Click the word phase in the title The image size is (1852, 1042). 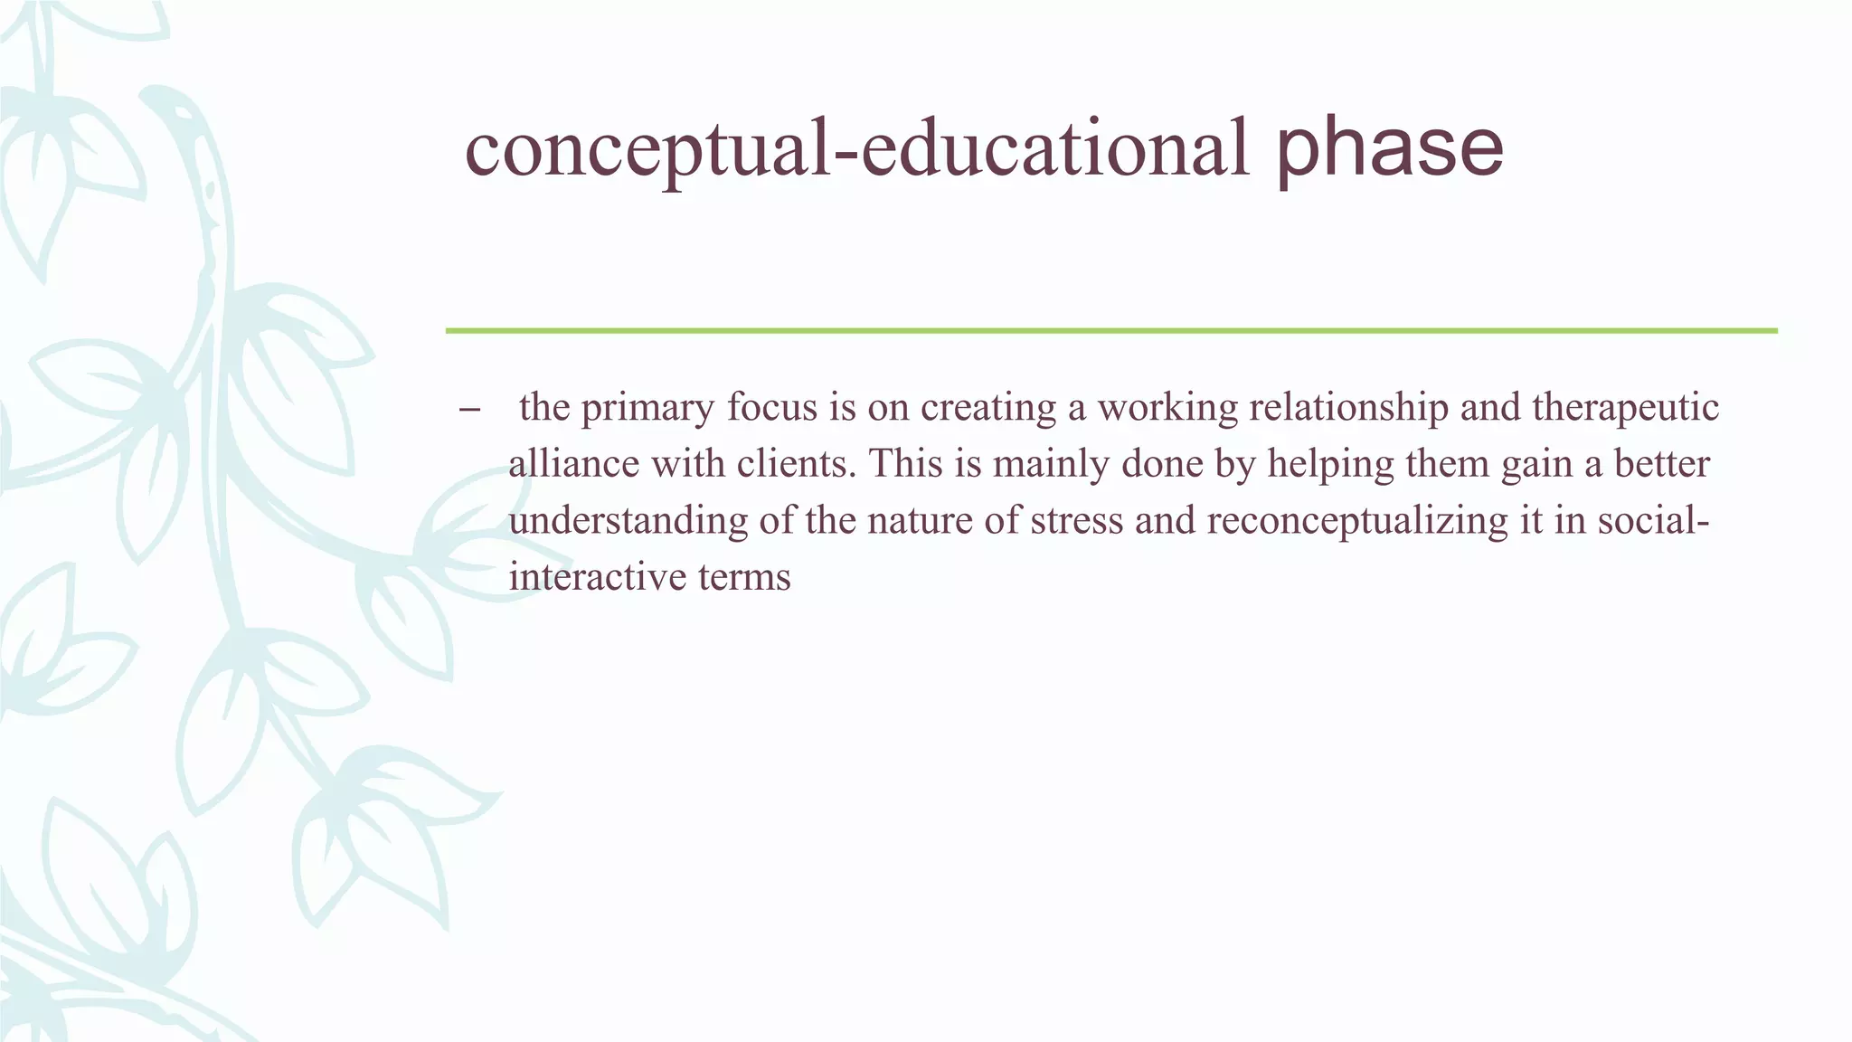1389,149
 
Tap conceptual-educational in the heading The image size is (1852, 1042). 855,149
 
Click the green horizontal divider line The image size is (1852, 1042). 1110,331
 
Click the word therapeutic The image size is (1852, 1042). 1625,409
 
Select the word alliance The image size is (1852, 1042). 572,464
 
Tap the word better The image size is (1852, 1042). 1662,464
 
